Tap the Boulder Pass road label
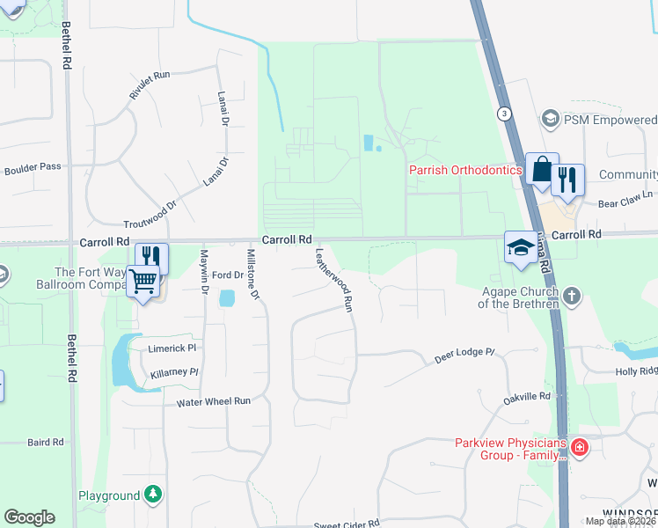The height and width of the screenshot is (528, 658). point(33,166)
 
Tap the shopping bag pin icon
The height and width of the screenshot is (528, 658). point(542,169)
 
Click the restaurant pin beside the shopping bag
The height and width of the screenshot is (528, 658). point(567,180)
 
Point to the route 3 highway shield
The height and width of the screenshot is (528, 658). point(503,114)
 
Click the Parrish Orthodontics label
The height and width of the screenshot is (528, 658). point(465,170)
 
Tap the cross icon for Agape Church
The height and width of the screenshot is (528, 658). point(571,295)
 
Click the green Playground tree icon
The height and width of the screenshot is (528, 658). point(154,495)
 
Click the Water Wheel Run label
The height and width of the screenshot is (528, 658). point(214,401)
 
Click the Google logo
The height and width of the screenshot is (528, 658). point(29,517)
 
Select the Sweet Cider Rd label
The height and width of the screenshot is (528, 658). point(347,523)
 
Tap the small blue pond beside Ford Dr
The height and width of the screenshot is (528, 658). point(227,299)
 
